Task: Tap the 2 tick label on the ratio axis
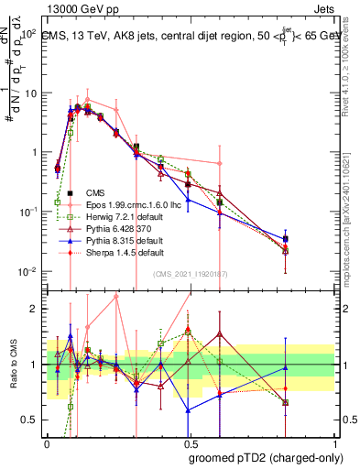tap(38, 309)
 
